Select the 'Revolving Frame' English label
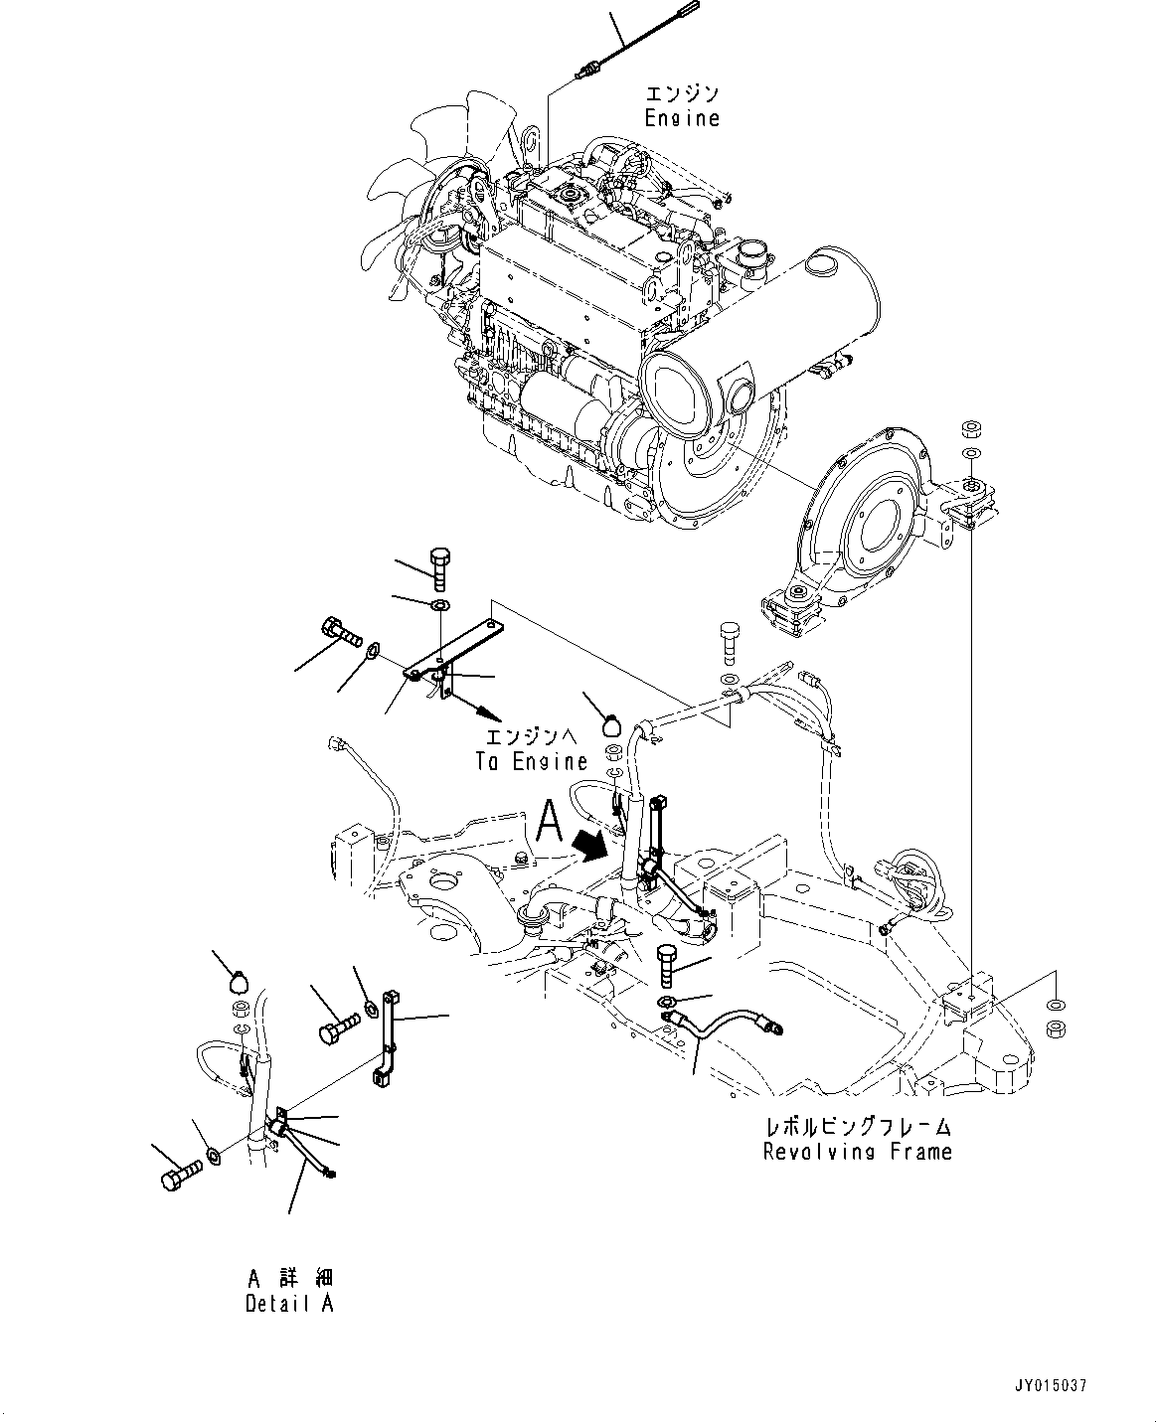click(857, 1152)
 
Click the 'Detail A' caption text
click(289, 1304)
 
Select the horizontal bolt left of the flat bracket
click(338, 632)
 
